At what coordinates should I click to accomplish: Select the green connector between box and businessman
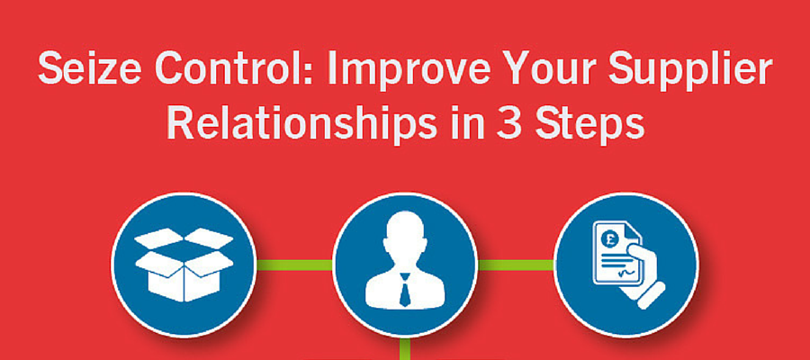click(294, 265)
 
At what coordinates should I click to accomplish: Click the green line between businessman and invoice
click(515, 265)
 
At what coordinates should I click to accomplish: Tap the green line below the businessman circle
click(404, 348)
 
